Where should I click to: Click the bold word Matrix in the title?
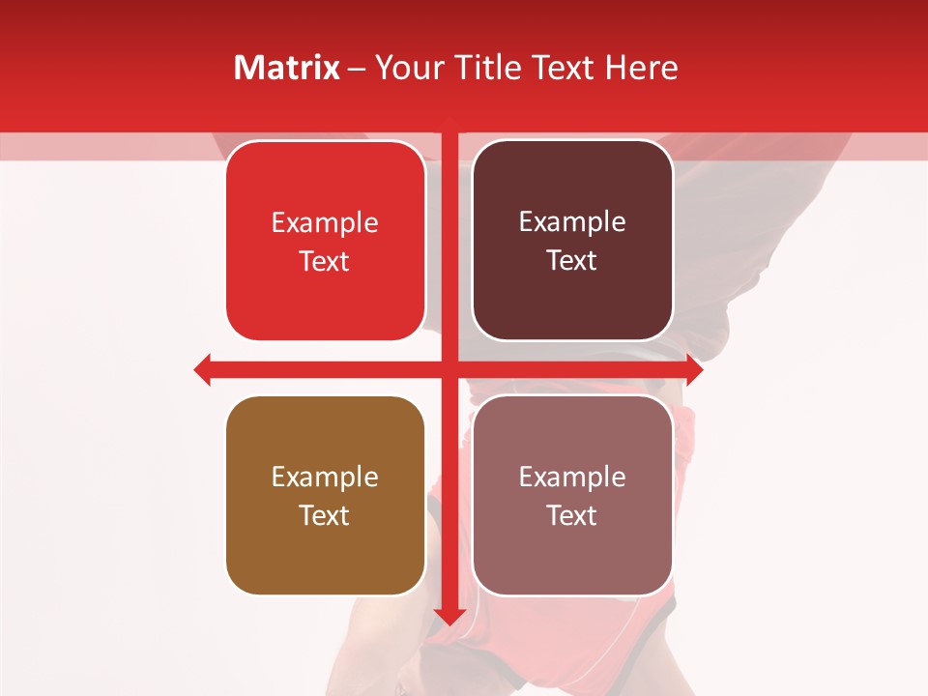coord(286,68)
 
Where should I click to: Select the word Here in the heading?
coord(641,68)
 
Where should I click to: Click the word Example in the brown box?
coord(325,477)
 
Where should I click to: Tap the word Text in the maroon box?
coord(572,261)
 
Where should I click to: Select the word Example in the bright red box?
coord(325,222)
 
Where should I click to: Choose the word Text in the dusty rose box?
coord(572,516)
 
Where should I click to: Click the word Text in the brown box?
coord(325,516)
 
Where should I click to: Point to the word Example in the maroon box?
coord(572,222)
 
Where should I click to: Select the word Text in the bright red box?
coord(325,262)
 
